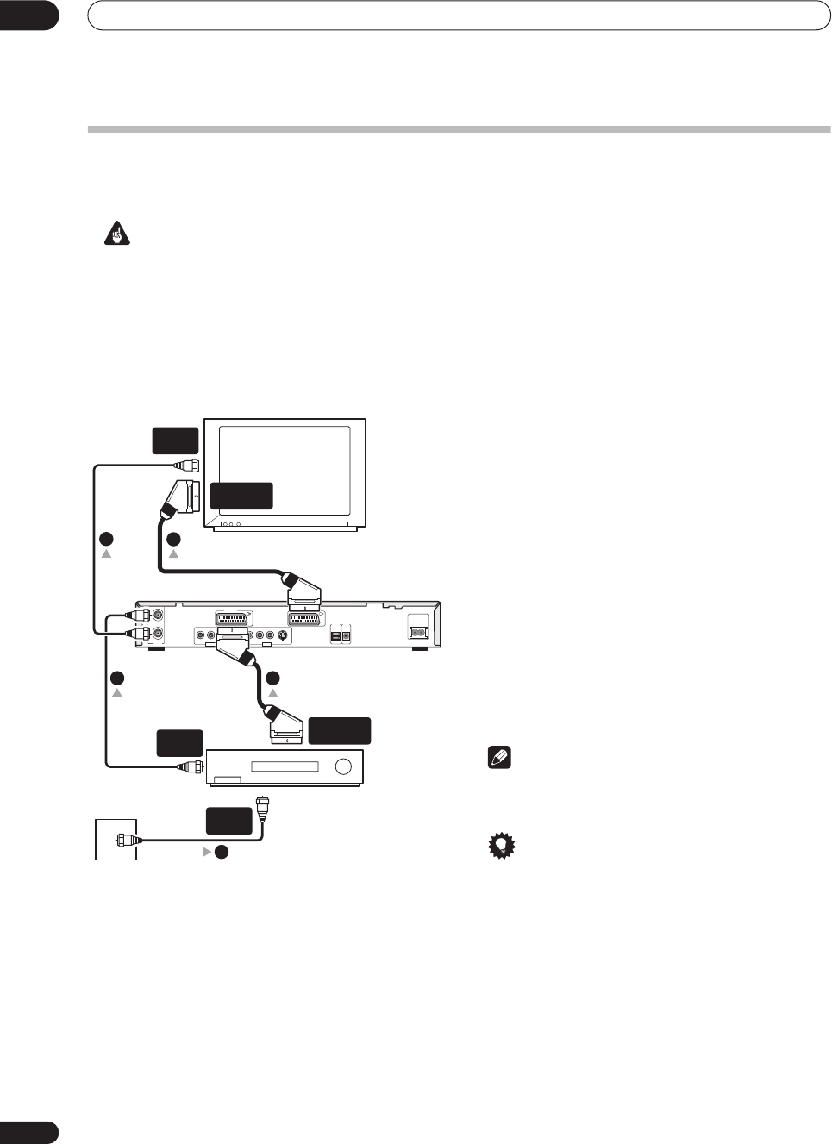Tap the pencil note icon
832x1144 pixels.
coord(497,759)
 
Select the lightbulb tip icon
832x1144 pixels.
coord(497,847)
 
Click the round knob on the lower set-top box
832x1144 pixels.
coord(344,767)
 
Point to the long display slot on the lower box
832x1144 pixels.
coord(285,766)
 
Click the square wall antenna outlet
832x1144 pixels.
coord(117,839)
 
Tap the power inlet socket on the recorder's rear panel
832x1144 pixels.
coord(418,631)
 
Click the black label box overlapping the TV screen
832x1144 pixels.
coord(241,496)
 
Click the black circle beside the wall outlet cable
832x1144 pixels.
coord(222,852)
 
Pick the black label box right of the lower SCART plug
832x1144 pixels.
coord(340,730)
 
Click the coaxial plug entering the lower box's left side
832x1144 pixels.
coord(190,766)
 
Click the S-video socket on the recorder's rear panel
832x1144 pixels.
coord(283,635)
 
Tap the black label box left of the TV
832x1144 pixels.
coord(176,440)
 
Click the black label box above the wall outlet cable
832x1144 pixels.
coord(229,820)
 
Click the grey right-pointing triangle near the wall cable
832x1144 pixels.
coord(207,852)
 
